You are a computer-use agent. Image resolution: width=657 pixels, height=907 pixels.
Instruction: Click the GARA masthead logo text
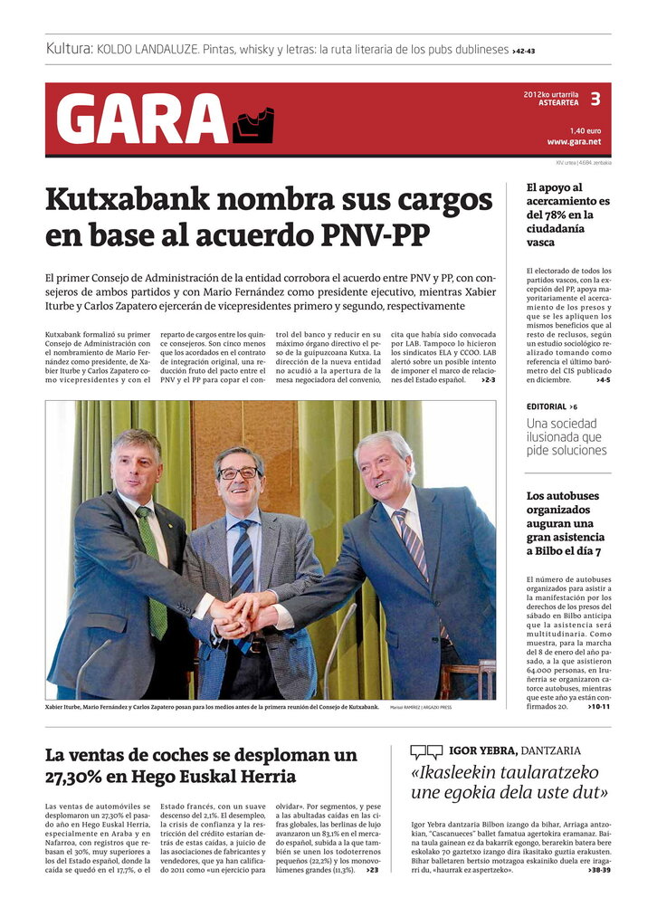click(142, 119)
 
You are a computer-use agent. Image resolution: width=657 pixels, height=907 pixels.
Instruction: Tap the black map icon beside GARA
click(252, 125)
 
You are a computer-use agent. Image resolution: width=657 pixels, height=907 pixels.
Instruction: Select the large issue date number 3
click(595, 98)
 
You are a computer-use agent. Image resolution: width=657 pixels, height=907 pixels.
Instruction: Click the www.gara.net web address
click(574, 142)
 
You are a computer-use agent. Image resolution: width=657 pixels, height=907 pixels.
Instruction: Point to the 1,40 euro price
click(585, 130)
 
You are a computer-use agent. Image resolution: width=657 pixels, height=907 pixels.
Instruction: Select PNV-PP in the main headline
click(375, 235)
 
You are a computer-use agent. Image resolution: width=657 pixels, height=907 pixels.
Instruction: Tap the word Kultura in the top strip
click(69, 49)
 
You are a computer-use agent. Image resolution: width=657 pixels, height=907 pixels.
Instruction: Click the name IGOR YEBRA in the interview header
click(483, 750)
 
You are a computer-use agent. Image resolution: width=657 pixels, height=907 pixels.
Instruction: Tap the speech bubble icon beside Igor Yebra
click(426, 751)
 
